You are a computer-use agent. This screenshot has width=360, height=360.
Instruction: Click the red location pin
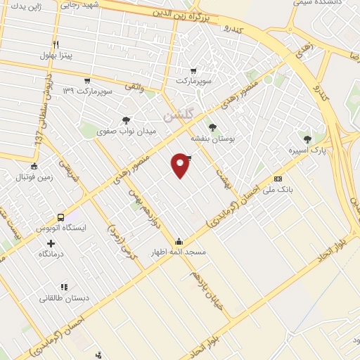(x=181, y=165)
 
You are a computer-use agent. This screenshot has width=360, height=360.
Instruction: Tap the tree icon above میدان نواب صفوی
(x=126, y=120)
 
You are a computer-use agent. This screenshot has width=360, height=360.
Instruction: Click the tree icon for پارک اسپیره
(x=307, y=136)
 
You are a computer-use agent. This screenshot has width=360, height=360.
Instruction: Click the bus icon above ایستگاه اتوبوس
(x=61, y=217)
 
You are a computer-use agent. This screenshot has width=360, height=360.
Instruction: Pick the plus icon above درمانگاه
(x=50, y=243)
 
